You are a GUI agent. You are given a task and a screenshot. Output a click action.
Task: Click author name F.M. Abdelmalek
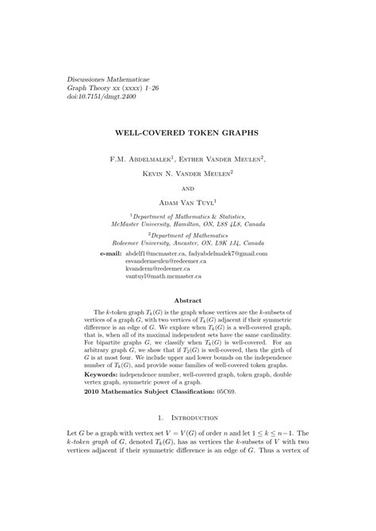[x=145, y=159]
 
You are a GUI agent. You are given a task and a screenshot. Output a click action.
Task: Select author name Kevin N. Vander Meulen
[x=187, y=174]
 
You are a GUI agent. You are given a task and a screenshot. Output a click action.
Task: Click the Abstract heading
[x=188, y=300]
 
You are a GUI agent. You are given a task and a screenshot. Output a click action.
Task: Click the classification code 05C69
[x=252, y=392]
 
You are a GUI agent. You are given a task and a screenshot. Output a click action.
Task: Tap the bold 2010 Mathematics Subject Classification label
[x=157, y=392]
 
